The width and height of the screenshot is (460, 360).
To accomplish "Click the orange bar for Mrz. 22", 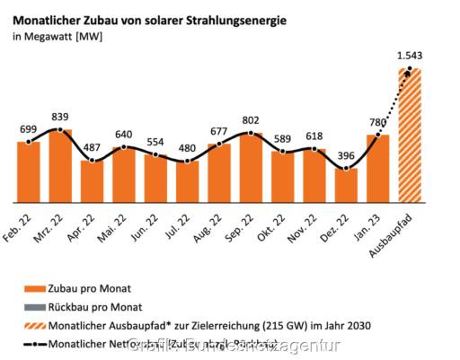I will pyautogui.click(x=60, y=166).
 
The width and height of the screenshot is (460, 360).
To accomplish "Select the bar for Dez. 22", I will pyautogui.click(x=347, y=185).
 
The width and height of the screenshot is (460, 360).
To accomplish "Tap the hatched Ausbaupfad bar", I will pyautogui.click(x=410, y=135).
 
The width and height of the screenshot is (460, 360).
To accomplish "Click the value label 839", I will pyautogui.click(x=60, y=117).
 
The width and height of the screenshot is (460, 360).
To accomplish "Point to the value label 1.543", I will pyautogui.click(x=410, y=56).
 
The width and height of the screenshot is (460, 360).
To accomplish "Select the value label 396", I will pyautogui.click(x=347, y=155).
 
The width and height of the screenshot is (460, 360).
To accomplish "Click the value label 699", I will pyautogui.click(x=29, y=129).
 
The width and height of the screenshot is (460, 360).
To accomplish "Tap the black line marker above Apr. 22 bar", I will pyautogui.click(x=92, y=162).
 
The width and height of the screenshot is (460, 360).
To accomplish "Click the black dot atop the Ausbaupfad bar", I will pyautogui.click(x=410, y=69).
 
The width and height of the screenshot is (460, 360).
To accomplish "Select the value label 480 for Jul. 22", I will pyautogui.click(x=187, y=149).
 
